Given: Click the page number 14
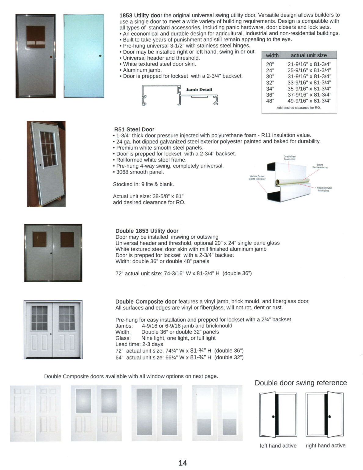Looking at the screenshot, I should click(x=183, y=463).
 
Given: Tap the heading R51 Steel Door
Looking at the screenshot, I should click(x=134, y=129).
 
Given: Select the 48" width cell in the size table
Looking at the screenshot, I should click(x=270, y=101).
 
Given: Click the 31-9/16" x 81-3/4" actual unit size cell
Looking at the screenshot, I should click(x=309, y=76).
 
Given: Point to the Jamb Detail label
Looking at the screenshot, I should click(x=199, y=90).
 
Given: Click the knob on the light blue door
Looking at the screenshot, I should click(x=100, y=56).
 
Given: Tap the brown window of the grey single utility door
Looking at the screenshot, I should click(x=35, y=36).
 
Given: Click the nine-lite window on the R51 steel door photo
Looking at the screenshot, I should click(x=49, y=149).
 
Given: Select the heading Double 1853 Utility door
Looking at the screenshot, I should click(x=147, y=231).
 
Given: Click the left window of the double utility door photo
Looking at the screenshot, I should click(x=39, y=239).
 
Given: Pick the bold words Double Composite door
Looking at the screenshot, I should click(x=146, y=301).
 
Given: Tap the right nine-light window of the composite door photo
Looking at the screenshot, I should click(x=67, y=318).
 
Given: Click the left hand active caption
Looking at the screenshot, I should click(x=278, y=446).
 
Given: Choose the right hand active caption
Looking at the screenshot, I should click(x=325, y=446).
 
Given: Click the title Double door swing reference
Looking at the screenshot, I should click(x=301, y=383).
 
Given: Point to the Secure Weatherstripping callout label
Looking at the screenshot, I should click(x=320, y=166).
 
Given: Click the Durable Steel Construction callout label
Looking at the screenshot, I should click(x=289, y=158).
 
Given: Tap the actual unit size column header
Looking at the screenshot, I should click(x=309, y=55).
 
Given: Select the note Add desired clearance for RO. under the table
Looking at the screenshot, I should click(x=299, y=108).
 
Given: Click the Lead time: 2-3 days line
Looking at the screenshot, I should click(x=139, y=344).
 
